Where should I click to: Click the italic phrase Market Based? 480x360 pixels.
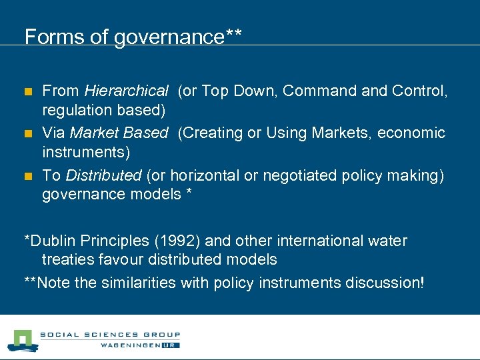tap(119, 133)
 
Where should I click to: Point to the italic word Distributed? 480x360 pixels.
tap(104, 175)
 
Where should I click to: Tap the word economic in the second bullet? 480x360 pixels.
tap(411, 133)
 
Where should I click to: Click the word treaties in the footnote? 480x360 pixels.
tap(66, 259)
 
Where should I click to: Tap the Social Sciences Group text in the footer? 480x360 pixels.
tap(109, 335)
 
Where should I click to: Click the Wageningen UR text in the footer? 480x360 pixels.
tap(140, 345)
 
